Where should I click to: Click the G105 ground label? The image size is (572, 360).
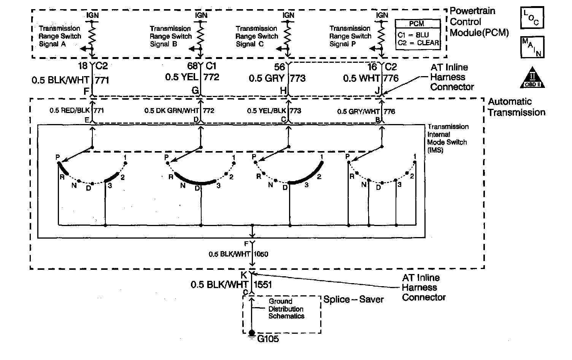(x=268, y=338)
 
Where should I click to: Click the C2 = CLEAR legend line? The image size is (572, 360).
(x=418, y=43)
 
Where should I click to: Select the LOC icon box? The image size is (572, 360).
(x=532, y=18)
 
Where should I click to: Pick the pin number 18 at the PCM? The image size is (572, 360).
(x=83, y=66)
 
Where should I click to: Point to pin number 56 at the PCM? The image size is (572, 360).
(x=280, y=67)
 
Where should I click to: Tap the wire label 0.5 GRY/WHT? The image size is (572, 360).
(x=358, y=112)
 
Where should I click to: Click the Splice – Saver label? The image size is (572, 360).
(x=353, y=299)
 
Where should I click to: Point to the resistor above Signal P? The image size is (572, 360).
(x=381, y=32)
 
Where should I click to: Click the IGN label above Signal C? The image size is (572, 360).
(x=288, y=15)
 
